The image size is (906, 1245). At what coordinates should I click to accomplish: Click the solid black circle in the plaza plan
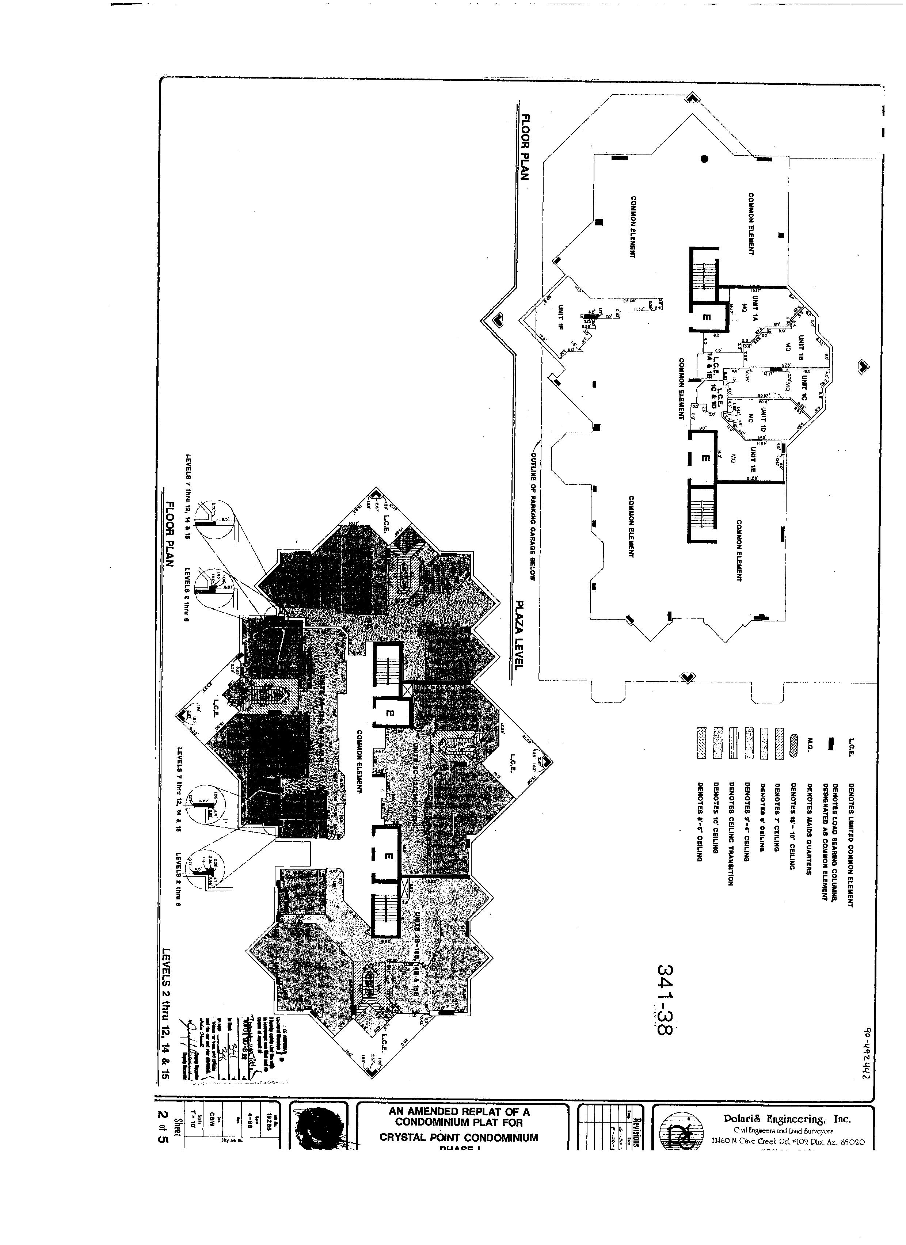(x=704, y=159)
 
